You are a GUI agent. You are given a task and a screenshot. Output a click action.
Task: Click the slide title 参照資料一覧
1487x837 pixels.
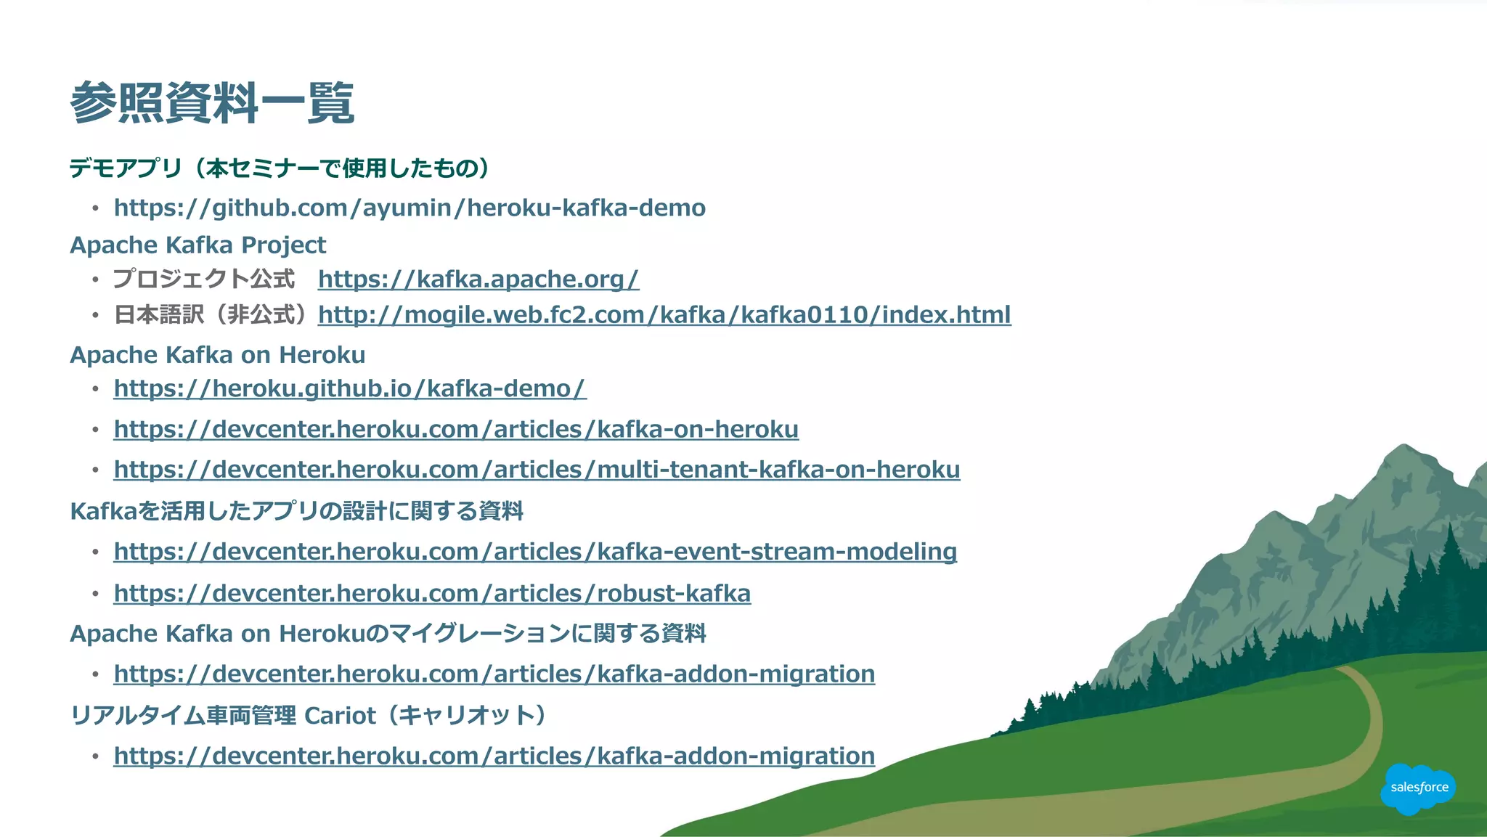212,103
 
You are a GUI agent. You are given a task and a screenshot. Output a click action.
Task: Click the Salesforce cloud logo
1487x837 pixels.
1418,788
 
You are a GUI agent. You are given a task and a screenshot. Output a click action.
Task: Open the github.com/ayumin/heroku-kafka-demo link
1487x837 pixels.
410,208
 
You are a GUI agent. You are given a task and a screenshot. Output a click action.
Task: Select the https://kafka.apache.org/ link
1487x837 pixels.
478,279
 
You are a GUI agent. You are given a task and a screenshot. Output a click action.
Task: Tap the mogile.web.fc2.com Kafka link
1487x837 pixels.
664,315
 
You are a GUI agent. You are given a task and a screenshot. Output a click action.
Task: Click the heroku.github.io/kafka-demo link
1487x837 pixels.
349,389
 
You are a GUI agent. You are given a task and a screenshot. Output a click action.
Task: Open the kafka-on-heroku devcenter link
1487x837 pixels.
456,430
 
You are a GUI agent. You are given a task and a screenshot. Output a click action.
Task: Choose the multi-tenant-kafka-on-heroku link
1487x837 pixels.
537,470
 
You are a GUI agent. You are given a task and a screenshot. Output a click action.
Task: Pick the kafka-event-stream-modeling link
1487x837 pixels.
535,552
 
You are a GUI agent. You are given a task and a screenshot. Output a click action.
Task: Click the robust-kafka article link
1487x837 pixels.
432,594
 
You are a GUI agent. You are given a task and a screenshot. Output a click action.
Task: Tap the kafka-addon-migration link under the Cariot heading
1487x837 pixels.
494,756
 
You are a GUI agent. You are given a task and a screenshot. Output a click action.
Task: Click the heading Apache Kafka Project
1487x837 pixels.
197,245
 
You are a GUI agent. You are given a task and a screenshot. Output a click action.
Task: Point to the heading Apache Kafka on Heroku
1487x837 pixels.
217,355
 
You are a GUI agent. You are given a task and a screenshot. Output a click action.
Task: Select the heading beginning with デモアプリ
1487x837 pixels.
279,168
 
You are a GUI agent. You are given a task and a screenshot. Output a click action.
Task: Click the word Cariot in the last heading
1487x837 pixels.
340,716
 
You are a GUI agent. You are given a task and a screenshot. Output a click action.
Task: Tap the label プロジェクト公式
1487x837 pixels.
204,279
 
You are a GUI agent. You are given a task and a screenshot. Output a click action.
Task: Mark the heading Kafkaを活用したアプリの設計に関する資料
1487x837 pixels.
296,511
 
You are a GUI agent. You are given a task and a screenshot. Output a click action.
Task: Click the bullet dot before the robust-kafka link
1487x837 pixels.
95,595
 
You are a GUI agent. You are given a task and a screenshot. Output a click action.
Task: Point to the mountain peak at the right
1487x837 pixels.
1404,449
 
